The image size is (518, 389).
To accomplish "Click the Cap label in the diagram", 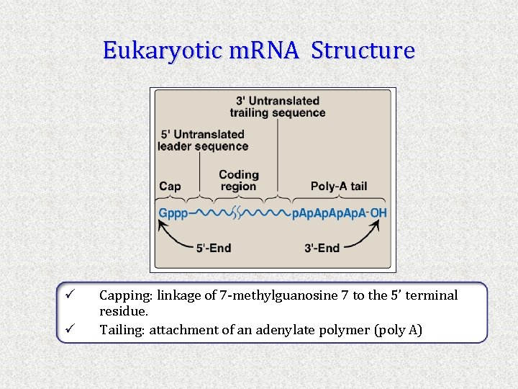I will click(x=170, y=187).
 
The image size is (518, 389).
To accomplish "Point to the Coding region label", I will click(x=238, y=181).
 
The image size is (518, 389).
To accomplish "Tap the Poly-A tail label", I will click(x=339, y=187).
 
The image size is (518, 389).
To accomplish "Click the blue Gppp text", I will click(x=172, y=213).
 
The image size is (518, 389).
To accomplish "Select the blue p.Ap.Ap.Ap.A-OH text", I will click(x=339, y=213).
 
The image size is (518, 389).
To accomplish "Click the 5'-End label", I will click(x=214, y=248).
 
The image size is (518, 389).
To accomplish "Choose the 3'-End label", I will click(x=322, y=248).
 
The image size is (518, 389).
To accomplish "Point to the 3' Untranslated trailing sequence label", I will click(x=278, y=107).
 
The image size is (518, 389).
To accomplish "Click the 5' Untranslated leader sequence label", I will click(x=202, y=140).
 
